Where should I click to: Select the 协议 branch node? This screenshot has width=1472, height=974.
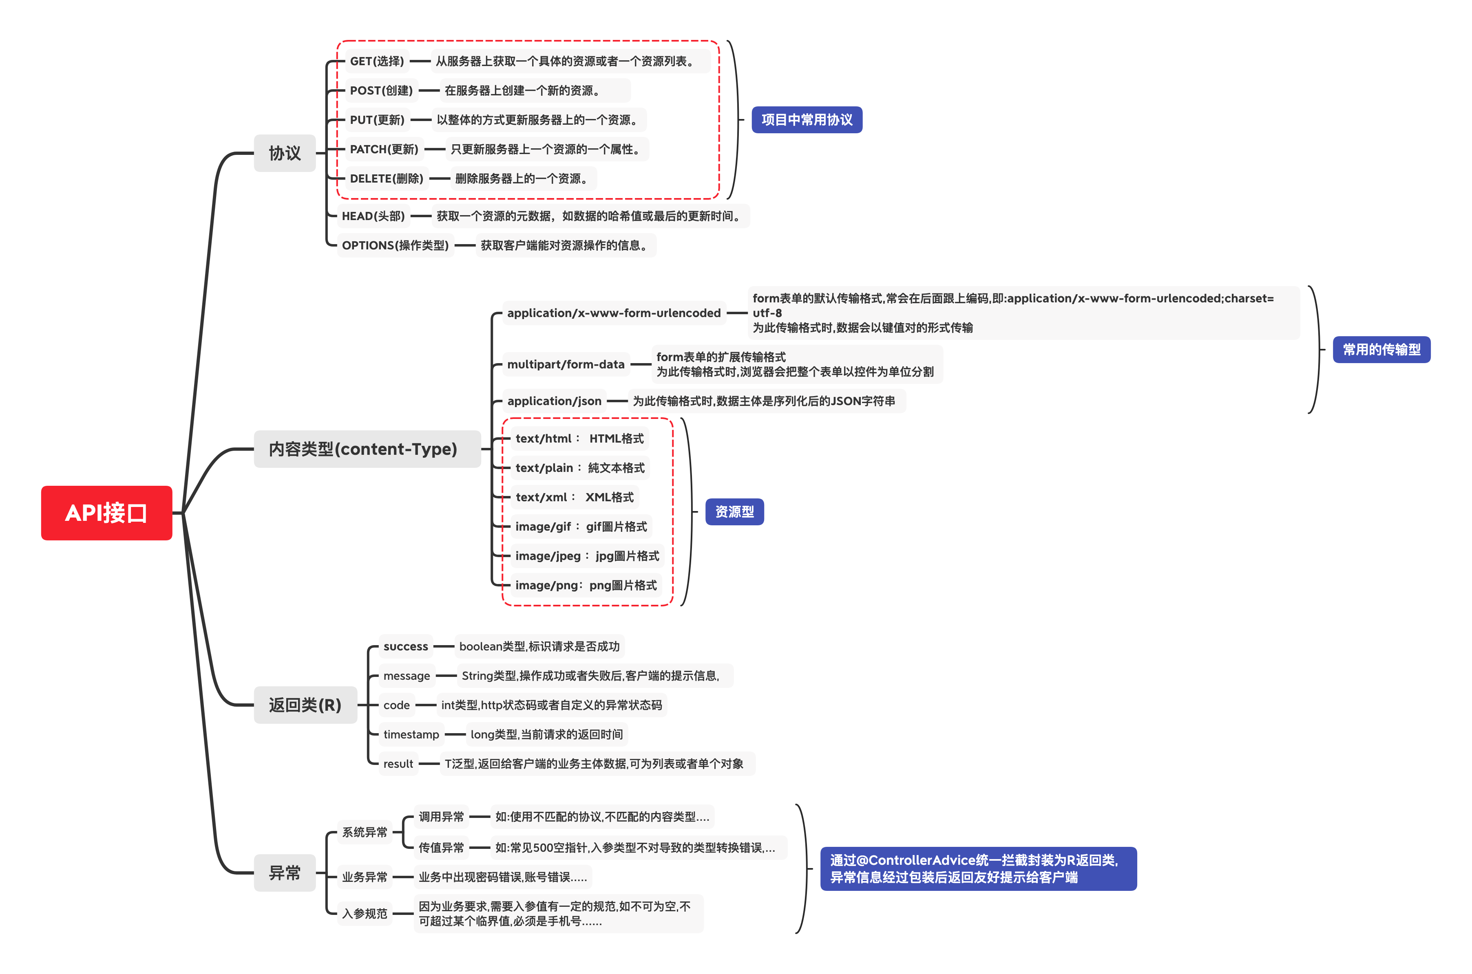(285, 153)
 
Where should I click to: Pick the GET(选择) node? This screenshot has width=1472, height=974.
(376, 61)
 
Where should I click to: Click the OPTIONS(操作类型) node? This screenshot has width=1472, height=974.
(395, 245)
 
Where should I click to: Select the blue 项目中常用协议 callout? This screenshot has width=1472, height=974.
(807, 119)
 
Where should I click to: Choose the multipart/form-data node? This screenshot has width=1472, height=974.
(566, 364)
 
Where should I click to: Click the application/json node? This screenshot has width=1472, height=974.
(554, 401)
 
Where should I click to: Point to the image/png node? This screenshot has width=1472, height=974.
(585, 585)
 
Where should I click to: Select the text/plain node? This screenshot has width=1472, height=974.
(580, 468)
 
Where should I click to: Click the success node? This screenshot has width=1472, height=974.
(405, 646)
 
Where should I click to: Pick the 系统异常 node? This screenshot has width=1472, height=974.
(364, 832)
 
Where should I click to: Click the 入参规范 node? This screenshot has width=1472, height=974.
(364, 913)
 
